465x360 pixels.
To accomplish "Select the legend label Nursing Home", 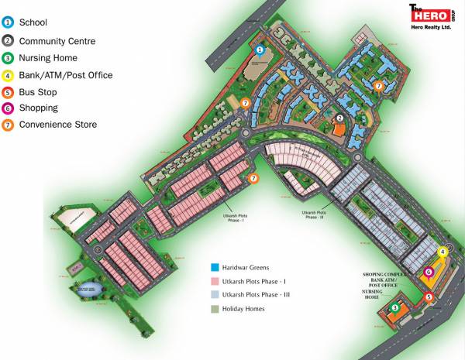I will click(48, 58).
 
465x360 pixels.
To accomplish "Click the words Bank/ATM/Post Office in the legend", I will click(66, 75).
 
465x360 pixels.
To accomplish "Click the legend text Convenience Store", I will click(58, 125).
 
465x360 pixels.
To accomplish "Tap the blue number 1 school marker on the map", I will click(260, 50).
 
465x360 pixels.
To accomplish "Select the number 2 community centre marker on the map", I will click(339, 118).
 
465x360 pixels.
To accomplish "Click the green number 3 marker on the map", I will click(394, 308).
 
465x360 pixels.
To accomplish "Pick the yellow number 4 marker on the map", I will click(443, 252).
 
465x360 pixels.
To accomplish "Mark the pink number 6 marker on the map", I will click(429, 272).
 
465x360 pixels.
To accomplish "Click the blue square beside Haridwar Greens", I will click(215, 264).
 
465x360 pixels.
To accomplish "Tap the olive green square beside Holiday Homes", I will click(215, 308).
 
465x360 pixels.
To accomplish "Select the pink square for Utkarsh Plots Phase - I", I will click(215, 279).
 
